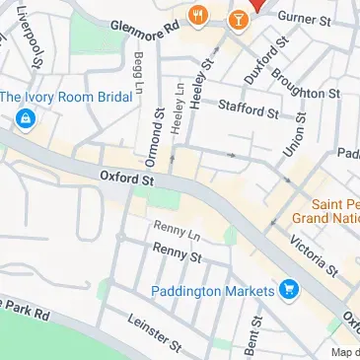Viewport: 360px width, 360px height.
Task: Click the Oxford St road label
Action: click(128, 180)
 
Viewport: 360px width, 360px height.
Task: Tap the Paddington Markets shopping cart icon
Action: click(289, 290)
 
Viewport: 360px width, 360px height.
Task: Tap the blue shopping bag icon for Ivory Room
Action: click(22, 120)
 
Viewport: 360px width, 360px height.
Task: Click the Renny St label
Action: click(178, 253)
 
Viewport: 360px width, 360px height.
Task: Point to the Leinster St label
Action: click(155, 333)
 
